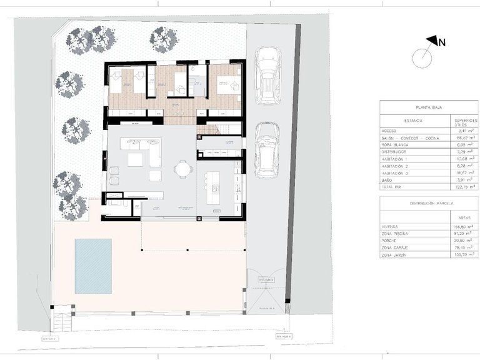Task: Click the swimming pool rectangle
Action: pos(93,266)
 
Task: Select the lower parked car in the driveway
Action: pos(267,149)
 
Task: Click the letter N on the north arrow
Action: pos(441,42)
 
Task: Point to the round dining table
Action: pos(182,169)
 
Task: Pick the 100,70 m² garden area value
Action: pos(464,256)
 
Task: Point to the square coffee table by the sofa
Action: pos(135,160)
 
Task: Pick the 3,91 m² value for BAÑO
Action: pos(464,179)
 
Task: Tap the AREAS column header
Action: pos(464,218)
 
